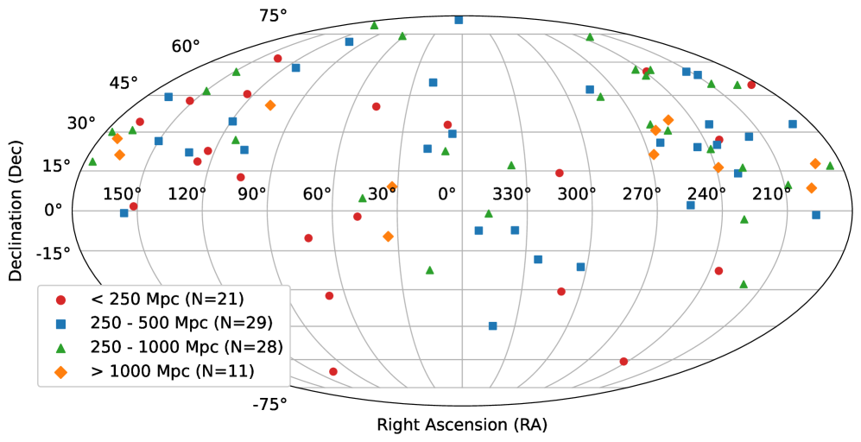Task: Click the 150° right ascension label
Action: pos(123,193)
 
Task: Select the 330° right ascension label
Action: pos(512,193)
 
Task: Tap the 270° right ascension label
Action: pos(642,193)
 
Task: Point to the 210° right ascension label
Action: pos(771,193)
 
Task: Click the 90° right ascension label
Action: pos(252,193)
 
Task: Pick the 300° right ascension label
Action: pos(577,193)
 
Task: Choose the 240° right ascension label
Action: pos(706,193)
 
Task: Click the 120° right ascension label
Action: pos(187,193)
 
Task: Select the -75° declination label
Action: pos(269,403)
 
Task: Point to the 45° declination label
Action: pos(123,83)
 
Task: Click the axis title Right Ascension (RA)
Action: pos(461,425)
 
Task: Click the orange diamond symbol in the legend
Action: pos(60,372)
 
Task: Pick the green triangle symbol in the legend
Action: pos(60,348)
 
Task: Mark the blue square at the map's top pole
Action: pos(459,20)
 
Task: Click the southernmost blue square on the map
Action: pos(492,326)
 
